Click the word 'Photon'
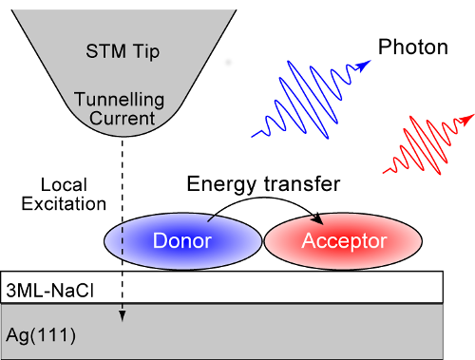pyautogui.click(x=412, y=47)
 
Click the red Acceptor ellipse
pyautogui.click(x=344, y=241)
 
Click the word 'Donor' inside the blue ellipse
pyautogui.click(x=180, y=241)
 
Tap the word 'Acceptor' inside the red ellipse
pyautogui.click(x=344, y=241)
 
